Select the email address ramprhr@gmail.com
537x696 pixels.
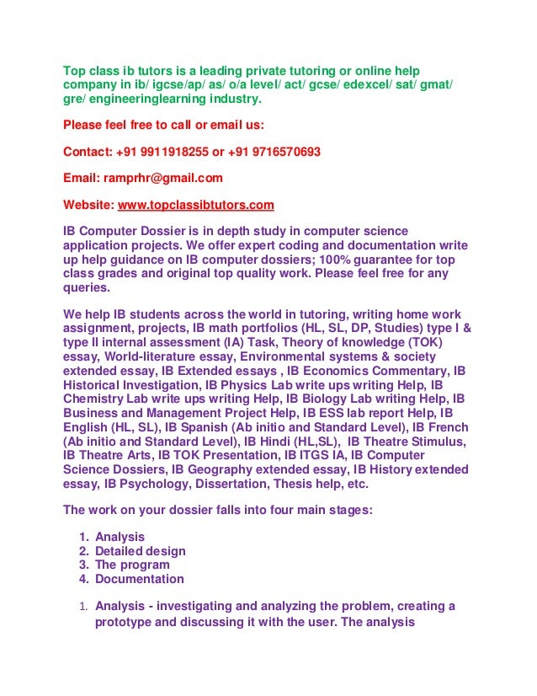point(162,178)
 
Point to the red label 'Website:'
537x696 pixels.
point(88,205)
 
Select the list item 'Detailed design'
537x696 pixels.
point(141,551)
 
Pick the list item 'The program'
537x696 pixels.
point(132,565)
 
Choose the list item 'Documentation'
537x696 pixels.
point(139,579)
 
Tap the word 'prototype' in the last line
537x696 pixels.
point(123,623)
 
